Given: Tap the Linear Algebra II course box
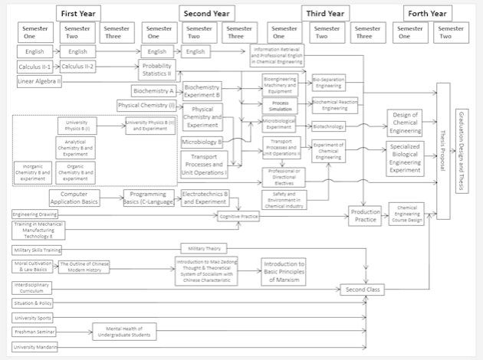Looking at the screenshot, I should pyautogui.click(x=39, y=81).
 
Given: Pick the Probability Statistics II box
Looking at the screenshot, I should pyautogui.click(x=157, y=69).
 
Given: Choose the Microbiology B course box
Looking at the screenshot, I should pyautogui.click(x=202, y=142).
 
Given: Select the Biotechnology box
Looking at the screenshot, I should pyautogui.click(x=328, y=126).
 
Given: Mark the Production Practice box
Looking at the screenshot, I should pyautogui.click(x=365, y=216).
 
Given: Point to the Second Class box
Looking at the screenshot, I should pyautogui.click(x=362, y=290).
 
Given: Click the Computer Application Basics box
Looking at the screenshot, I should pyautogui.click(x=79, y=198).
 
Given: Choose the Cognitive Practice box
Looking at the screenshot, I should pyautogui.click(x=238, y=218).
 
